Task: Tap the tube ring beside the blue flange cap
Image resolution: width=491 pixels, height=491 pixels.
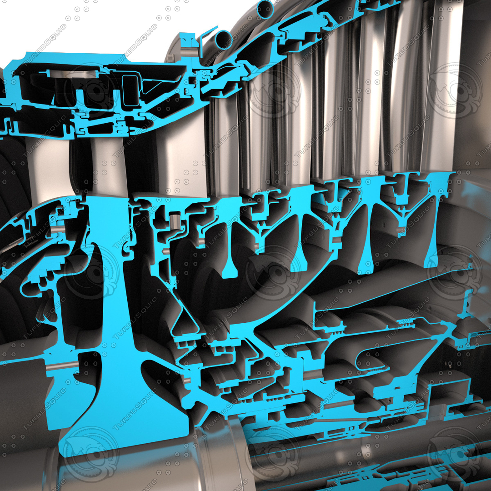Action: click(222, 40)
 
